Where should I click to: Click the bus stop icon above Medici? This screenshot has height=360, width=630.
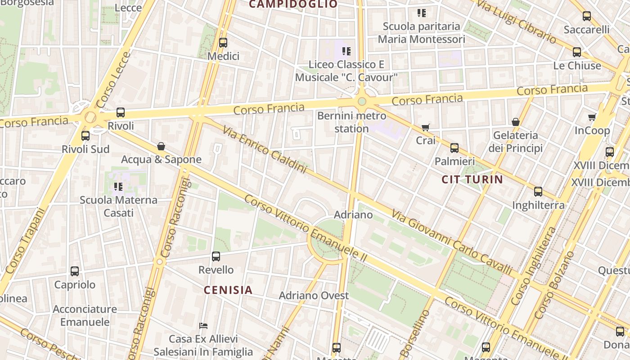coord(223,43)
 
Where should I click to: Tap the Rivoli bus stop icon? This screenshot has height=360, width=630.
coord(121,112)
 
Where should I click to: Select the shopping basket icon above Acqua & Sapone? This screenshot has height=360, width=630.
coord(161,146)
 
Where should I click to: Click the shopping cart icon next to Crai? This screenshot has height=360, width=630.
coord(426,127)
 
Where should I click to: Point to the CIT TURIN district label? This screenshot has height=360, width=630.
coord(472,180)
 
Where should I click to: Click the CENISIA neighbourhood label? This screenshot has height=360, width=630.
coord(228,290)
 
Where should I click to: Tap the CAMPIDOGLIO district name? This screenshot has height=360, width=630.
coord(293,4)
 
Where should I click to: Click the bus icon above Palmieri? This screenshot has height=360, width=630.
coord(454,148)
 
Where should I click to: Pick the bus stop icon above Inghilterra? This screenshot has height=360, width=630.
coord(538,192)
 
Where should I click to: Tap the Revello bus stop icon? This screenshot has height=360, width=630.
coord(216,256)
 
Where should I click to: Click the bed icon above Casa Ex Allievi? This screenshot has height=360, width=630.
coord(203,325)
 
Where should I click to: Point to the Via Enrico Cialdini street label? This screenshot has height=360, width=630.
coord(265,148)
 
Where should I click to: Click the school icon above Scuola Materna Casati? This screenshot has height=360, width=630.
coord(118,186)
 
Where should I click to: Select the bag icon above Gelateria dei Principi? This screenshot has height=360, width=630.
coord(516,122)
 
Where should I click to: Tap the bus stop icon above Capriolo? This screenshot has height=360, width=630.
coord(75,271)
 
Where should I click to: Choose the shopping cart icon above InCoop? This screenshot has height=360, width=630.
coord(592,117)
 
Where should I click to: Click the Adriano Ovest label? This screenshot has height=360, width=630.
coord(314,296)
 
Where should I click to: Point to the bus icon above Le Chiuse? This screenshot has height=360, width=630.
coord(577,52)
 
